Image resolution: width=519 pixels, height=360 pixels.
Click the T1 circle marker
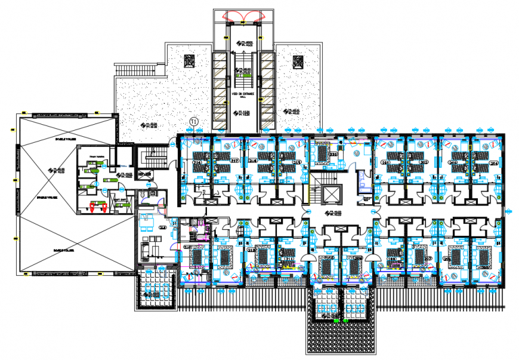193,122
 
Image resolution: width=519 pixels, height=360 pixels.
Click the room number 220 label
335,155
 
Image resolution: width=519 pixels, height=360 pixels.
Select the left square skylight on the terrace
189,61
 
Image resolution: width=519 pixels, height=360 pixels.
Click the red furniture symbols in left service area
96,206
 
